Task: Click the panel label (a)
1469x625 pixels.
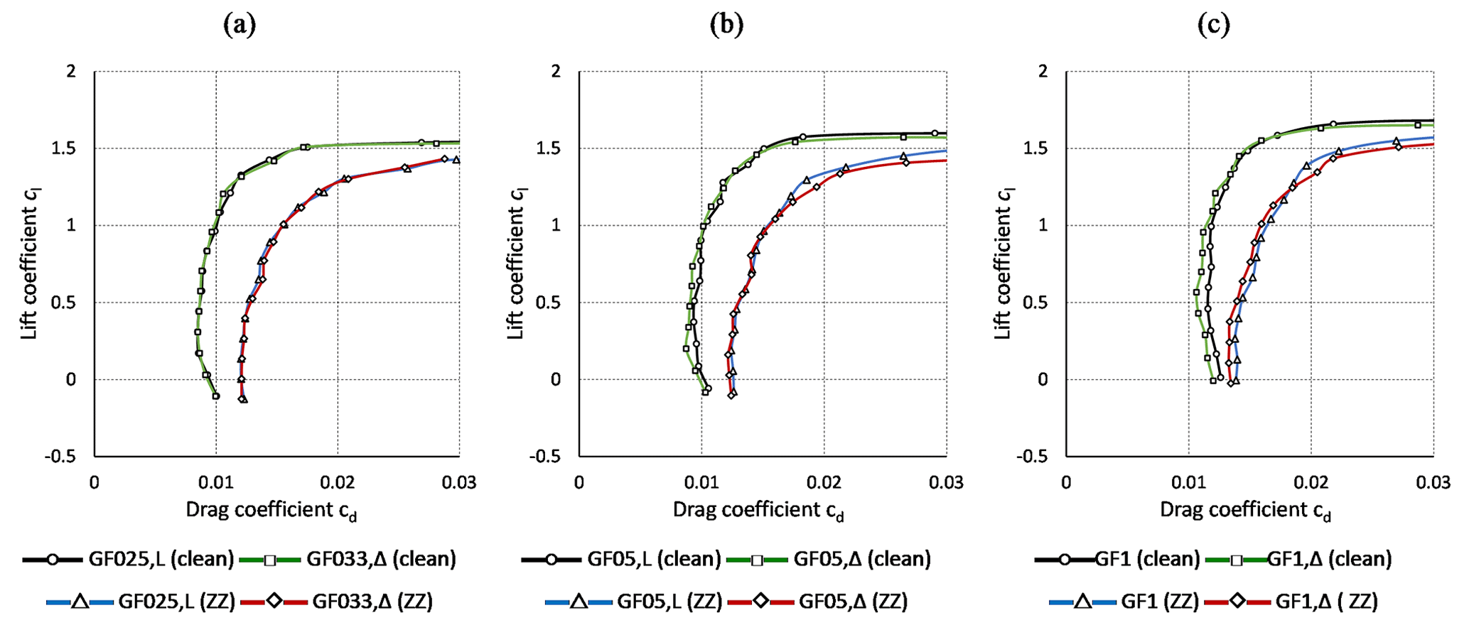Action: point(240,26)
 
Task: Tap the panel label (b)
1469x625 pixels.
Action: point(726,26)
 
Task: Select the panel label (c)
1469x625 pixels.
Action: point(1213,26)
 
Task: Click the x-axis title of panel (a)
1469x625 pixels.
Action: point(271,511)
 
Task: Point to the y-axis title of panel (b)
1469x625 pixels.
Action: point(516,263)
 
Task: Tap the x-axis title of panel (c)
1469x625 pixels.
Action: point(1245,511)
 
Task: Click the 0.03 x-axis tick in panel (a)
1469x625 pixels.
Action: point(459,483)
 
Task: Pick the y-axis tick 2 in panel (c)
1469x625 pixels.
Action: point(1043,71)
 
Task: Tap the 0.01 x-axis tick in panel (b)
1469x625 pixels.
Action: point(701,483)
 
